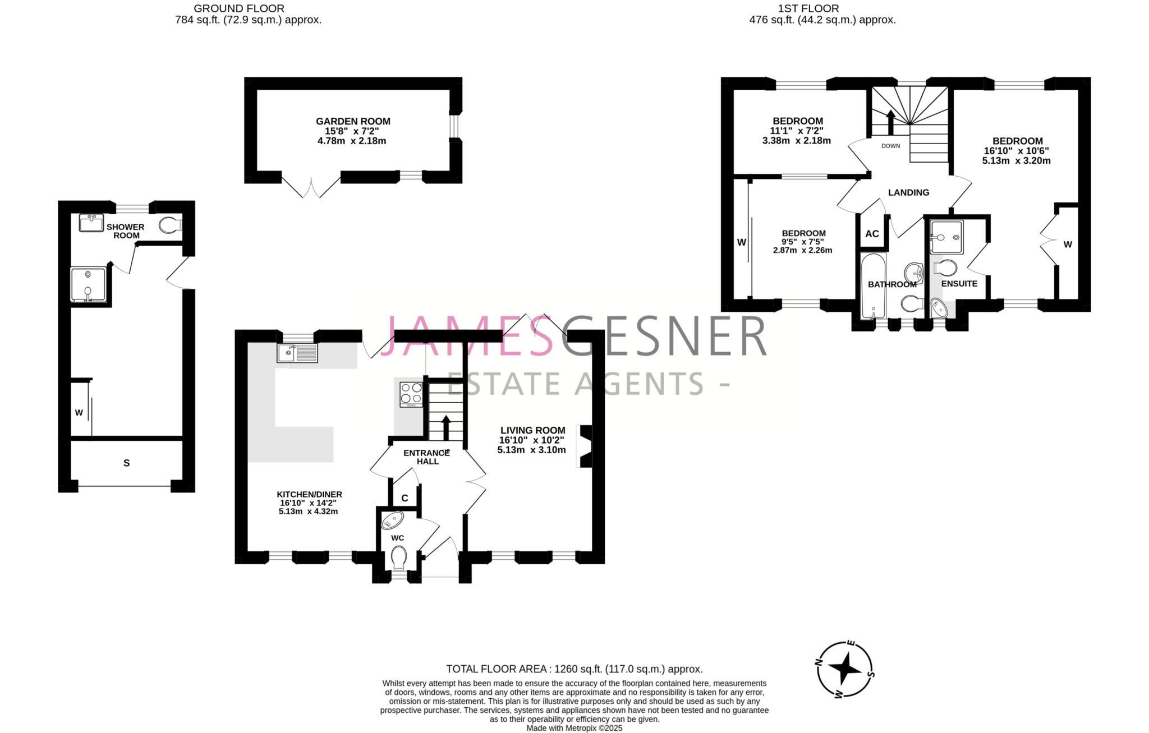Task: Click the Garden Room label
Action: coord(353,121)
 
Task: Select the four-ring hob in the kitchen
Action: coord(411,394)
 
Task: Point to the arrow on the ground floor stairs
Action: coord(446,427)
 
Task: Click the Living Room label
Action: coord(532,430)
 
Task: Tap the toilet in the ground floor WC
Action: coord(398,558)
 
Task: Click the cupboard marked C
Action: coord(405,498)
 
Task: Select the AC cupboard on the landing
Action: coord(872,234)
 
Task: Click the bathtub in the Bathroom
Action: coord(872,286)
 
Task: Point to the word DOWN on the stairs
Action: coord(890,146)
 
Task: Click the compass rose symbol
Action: coord(844,669)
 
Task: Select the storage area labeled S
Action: coord(126,463)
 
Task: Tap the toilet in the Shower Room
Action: coord(169,225)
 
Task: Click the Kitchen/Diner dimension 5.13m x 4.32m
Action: coord(308,511)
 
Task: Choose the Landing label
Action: coord(908,192)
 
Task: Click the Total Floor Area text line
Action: coord(574,669)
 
